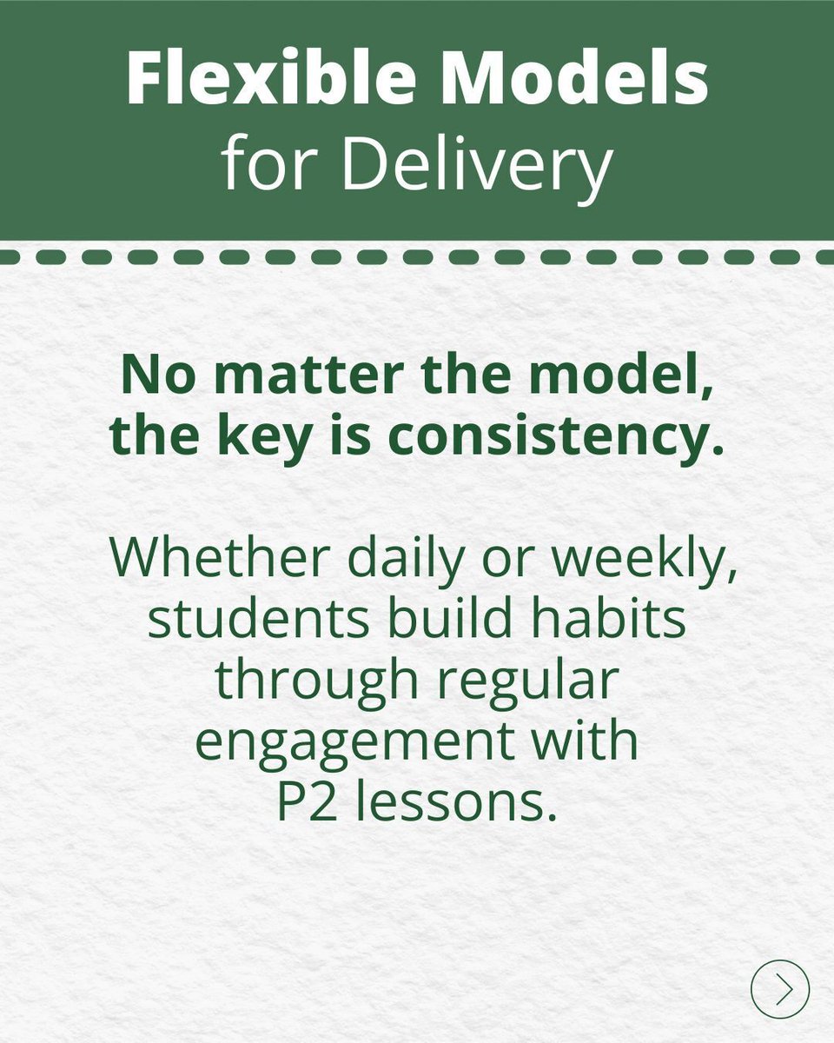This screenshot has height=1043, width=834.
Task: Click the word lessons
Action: [x=457, y=805]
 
